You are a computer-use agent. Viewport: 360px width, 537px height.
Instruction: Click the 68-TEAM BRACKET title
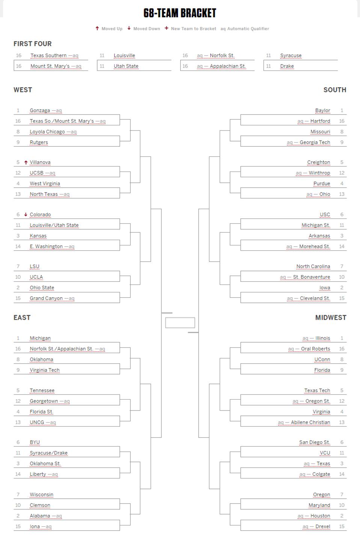[180, 13]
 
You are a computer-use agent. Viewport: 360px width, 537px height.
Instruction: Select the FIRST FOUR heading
[33, 44]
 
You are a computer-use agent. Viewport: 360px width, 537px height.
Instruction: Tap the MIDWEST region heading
[330, 317]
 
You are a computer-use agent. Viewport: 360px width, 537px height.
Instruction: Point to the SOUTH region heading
[334, 90]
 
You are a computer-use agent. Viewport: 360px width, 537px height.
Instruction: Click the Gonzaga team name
[40, 110]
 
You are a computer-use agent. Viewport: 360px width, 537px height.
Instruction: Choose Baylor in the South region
[322, 110]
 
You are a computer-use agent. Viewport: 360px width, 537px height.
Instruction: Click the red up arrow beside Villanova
[26, 162]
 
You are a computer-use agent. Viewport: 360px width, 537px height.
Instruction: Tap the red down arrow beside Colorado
[26, 214]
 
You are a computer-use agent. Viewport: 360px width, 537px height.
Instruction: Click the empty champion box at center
[180, 322]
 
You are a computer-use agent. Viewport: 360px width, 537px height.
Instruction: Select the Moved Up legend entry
[109, 29]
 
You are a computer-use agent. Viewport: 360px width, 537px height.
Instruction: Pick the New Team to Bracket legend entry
[190, 29]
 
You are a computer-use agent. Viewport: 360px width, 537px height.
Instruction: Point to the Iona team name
[35, 526]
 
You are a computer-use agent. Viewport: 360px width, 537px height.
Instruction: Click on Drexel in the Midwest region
[322, 526]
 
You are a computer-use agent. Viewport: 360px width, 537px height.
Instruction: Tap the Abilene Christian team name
[310, 422]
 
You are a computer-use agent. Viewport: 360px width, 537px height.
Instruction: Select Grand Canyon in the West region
[46, 298]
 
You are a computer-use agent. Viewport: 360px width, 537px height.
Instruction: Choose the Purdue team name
[322, 184]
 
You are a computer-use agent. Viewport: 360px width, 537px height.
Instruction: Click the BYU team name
[35, 442]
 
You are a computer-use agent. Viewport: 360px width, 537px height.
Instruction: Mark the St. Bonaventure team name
[311, 277]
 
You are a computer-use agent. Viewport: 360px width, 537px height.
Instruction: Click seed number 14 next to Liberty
[18, 474]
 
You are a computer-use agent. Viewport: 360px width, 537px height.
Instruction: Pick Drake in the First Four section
[287, 66]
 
